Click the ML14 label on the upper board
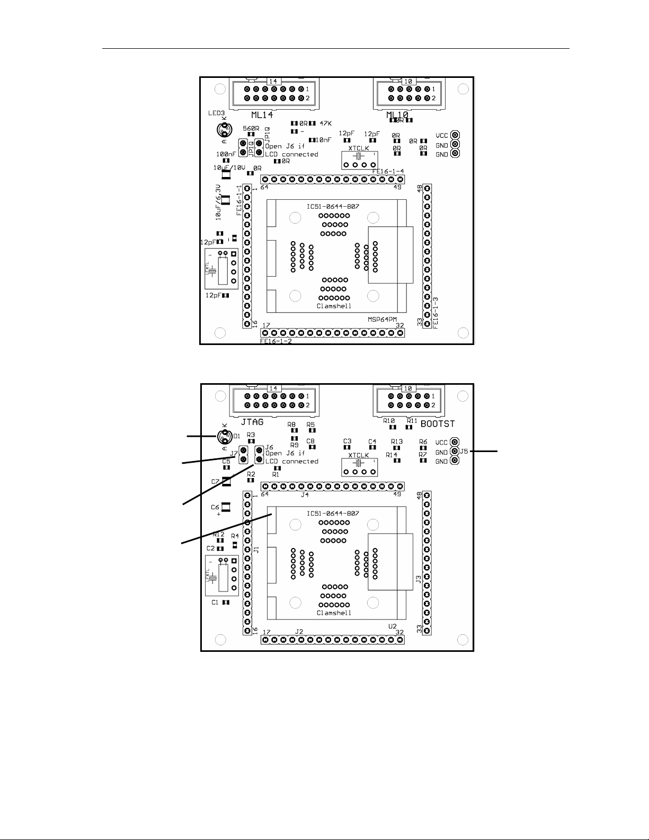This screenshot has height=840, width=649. click(x=263, y=115)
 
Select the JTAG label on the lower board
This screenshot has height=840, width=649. click(x=253, y=422)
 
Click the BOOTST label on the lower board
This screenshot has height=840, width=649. click(x=437, y=424)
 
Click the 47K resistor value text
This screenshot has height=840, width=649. click(x=326, y=123)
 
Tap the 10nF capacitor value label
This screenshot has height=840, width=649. click(x=324, y=140)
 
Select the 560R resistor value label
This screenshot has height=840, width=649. click(x=251, y=128)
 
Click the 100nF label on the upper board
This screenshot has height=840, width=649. click(x=226, y=154)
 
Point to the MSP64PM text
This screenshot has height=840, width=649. click(x=383, y=320)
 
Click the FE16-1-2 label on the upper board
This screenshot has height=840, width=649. click(x=276, y=341)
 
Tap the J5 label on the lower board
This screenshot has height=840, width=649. click(x=464, y=452)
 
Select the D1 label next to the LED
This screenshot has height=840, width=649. click(x=237, y=436)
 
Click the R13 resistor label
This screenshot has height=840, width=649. click(x=397, y=441)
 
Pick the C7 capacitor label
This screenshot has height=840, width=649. click(x=215, y=482)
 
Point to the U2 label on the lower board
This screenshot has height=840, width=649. click(x=392, y=626)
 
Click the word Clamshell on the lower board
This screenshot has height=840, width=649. click(x=334, y=613)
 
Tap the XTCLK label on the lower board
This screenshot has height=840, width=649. click(x=359, y=455)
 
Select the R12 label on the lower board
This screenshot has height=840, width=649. click(x=219, y=535)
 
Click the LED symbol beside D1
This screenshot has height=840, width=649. click(x=225, y=437)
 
